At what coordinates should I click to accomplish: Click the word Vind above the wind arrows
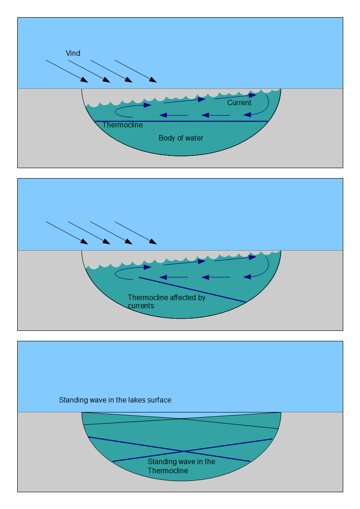pyautogui.click(x=73, y=53)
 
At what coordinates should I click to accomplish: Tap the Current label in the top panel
pyautogui.click(x=239, y=103)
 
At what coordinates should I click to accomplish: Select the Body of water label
pyautogui.click(x=181, y=138)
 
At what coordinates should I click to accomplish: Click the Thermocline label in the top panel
pyautogui.click(x=122, y=125)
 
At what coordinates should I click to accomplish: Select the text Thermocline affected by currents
pyautogui.click(x=166, y=301)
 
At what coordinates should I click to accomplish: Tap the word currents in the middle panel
pyautogui.click(x=141, y=306)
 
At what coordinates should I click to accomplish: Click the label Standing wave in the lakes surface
pyautogui.click(x=115, y=400)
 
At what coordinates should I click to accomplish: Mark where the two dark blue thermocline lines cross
pyautogui.click(x=183, y=451)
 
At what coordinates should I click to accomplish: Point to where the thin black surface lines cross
pyautogui.click(x=182, y=419)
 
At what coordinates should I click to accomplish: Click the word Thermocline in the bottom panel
pyautogui.click(x=168, y=471)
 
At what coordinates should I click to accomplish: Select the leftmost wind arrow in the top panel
pyautogui.click(x=67, y=71)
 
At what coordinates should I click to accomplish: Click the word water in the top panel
pyautogui.click(x=194, y=138)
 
